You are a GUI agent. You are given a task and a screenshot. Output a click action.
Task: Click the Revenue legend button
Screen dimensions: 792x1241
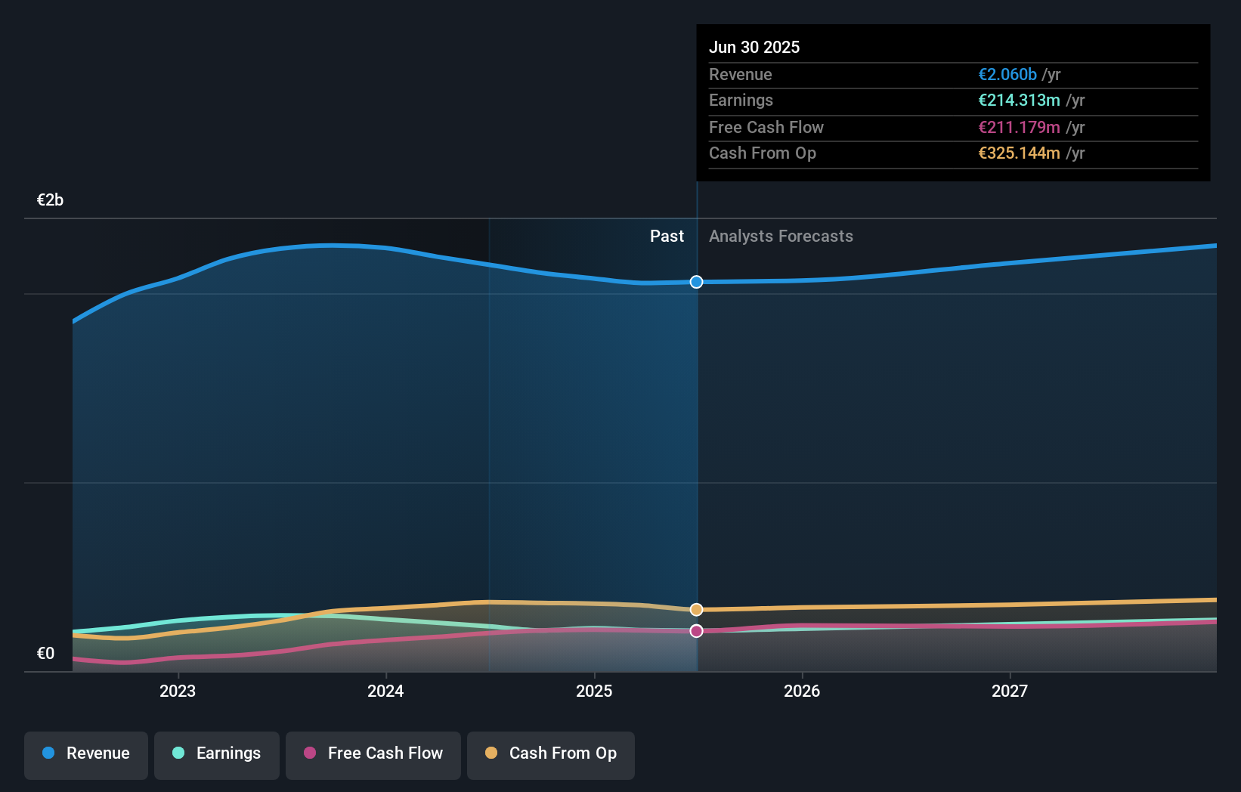click(86, 753)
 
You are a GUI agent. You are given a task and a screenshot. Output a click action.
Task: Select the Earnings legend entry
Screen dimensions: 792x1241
click(217, 753)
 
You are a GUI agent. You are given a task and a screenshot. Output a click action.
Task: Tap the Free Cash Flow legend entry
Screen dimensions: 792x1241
click(373, 753)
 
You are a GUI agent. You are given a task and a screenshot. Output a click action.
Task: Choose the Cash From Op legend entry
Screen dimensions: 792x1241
click(551, 753)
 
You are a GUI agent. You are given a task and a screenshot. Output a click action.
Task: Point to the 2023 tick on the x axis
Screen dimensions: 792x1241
click(178, 691)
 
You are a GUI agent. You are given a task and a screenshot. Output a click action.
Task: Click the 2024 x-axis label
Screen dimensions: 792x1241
click(385, 691)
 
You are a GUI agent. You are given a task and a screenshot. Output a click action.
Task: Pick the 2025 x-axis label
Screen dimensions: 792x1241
click(594, 691)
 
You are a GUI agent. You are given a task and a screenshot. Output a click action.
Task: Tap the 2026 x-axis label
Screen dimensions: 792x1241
click(802, 691)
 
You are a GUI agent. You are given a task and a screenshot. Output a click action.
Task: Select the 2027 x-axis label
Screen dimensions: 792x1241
click(1010, 691)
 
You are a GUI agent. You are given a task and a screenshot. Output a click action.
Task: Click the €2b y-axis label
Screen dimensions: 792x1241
click(50, 200)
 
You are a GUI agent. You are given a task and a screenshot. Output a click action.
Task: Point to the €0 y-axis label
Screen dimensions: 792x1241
click(45, 654)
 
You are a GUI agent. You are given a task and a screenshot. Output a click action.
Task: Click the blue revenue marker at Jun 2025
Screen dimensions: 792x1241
click(696, 282)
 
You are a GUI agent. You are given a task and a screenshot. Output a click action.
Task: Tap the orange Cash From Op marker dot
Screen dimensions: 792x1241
click(696, 609)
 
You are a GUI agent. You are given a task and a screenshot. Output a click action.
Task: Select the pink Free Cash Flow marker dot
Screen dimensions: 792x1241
click(696, 631)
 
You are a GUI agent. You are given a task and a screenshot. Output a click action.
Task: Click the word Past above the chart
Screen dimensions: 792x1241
click(667, 237)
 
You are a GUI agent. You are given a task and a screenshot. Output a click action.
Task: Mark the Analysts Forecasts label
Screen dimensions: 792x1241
click(781, 237)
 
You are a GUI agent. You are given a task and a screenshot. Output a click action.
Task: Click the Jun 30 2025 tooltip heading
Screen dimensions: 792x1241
click(754, 47)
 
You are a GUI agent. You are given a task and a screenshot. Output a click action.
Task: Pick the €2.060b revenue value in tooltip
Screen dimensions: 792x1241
click(1007, 75)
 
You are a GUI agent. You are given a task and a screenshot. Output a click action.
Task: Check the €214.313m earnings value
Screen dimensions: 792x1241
click(1018, 101)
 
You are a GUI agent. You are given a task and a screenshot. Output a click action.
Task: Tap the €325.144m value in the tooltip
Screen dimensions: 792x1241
click(1018, 153)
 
